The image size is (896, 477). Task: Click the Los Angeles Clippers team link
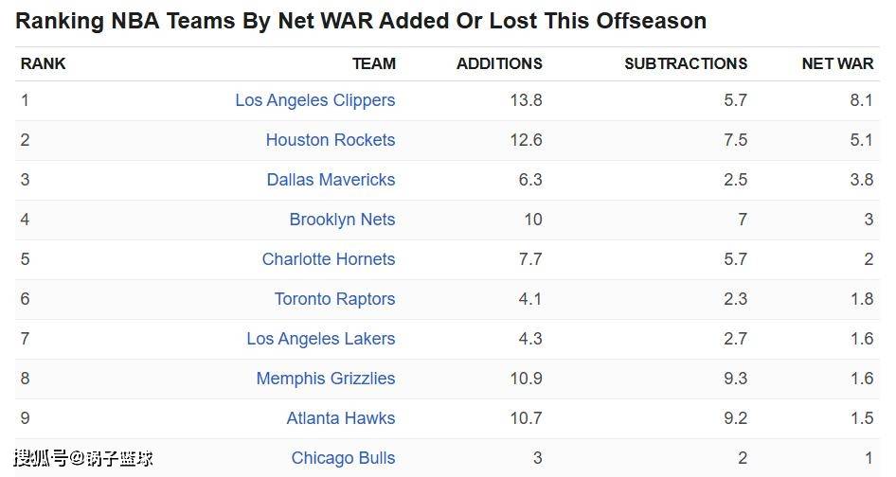[314, 100]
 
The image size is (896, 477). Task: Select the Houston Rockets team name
[330, 140]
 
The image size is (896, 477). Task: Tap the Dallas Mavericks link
[331, 180]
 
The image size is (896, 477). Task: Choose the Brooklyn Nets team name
[342, 220]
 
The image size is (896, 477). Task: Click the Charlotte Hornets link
[328, 259]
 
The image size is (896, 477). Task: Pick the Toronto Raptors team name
[334, 299]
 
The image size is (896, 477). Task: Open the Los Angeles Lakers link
[320, 339]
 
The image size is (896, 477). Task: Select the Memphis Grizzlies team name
[325, 379]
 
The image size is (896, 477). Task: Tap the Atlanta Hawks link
[340, 418]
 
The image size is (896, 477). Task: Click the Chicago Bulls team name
[343, 458]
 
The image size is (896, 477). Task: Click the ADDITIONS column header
[499, 64]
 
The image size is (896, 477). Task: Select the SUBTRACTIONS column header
[686, 64]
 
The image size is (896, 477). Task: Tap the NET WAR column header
[837, 64]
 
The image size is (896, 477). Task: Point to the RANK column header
[44, 64]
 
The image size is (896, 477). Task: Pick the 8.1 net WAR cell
[861, 100]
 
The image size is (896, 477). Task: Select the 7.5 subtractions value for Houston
[735, 140]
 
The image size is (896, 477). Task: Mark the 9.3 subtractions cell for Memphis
[735, 379]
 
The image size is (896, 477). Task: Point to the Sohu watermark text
[82, 459]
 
